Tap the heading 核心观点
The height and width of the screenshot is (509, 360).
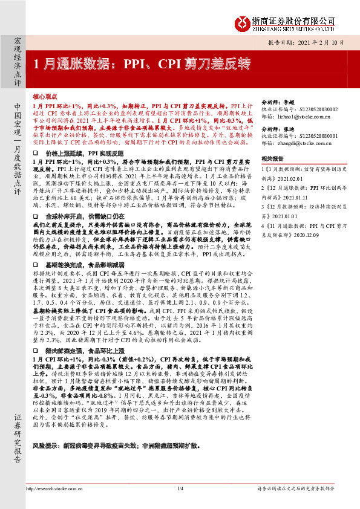(x=45, y=97)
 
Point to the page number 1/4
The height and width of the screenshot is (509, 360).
(x=180, y=488)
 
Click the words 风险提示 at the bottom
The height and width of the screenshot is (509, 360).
(x=46, y=461)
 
